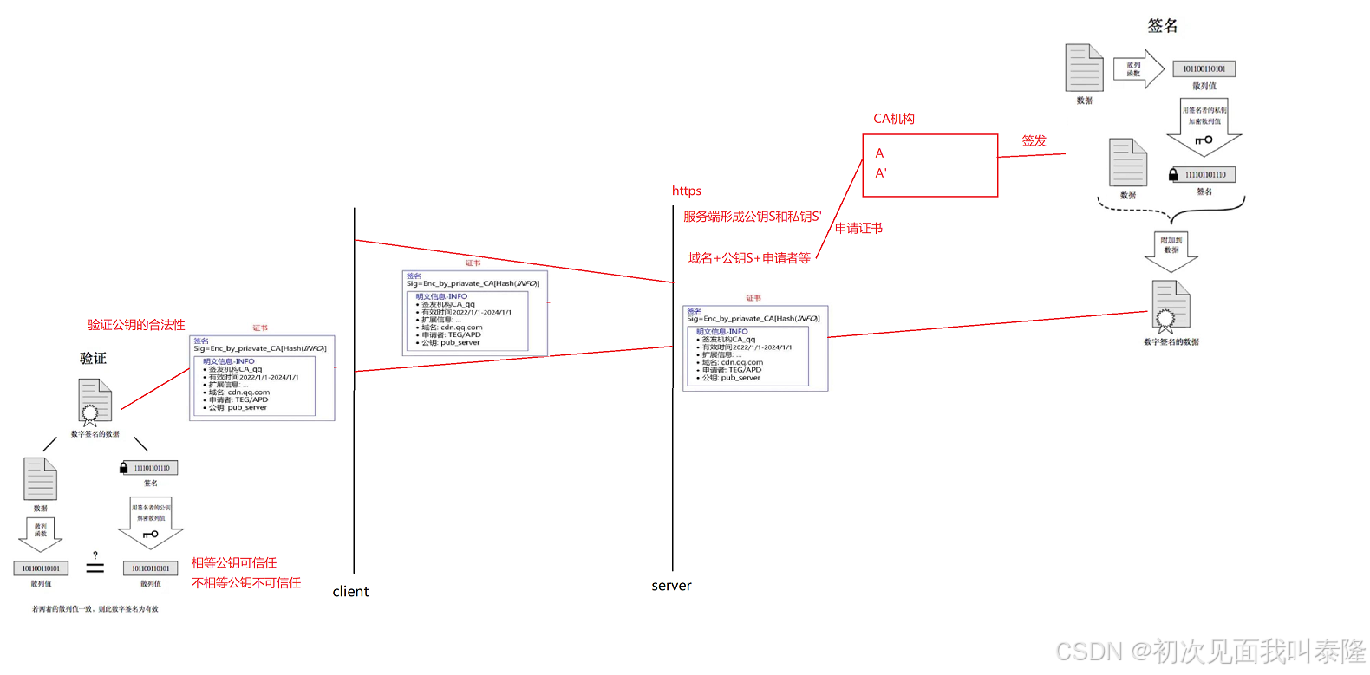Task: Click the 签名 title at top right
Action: (1162, 26)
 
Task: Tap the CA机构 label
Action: (893, 119)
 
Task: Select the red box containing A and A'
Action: (930, 166)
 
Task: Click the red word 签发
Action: (1034, 140)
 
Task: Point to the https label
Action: (686, 191)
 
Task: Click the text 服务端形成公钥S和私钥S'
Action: (752, 217)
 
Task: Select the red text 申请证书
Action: (858, 229)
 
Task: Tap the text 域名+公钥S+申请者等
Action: (749, 258)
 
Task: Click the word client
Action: (350, 592)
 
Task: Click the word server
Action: (671, 586)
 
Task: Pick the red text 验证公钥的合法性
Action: (136, 325)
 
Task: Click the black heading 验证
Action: (93, 358)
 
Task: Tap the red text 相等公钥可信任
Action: (234, 563)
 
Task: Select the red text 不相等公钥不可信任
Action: (246, 583)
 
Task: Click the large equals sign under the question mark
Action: (95, 568)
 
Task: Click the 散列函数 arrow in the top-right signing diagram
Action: (1138, 69)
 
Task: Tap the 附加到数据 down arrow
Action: (1171, 250)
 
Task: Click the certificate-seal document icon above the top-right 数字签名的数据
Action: (1170, 307)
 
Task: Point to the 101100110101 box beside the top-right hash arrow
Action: (1204, 69)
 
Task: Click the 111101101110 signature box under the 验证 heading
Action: (151, 468)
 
